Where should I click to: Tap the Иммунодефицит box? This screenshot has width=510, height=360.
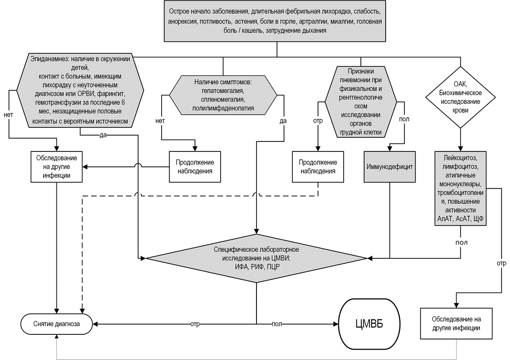pos(389,167)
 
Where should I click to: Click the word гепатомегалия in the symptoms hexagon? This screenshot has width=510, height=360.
pos(223,91)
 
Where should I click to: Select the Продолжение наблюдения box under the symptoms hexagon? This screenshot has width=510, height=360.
pos(195,167)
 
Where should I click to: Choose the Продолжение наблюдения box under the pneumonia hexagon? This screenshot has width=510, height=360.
pos(318,167)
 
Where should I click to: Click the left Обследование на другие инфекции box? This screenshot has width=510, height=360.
pos(57,167)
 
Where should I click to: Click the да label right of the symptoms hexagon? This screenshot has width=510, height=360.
pos(283,121)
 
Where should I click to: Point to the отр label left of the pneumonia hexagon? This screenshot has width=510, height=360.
pos(317,120)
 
